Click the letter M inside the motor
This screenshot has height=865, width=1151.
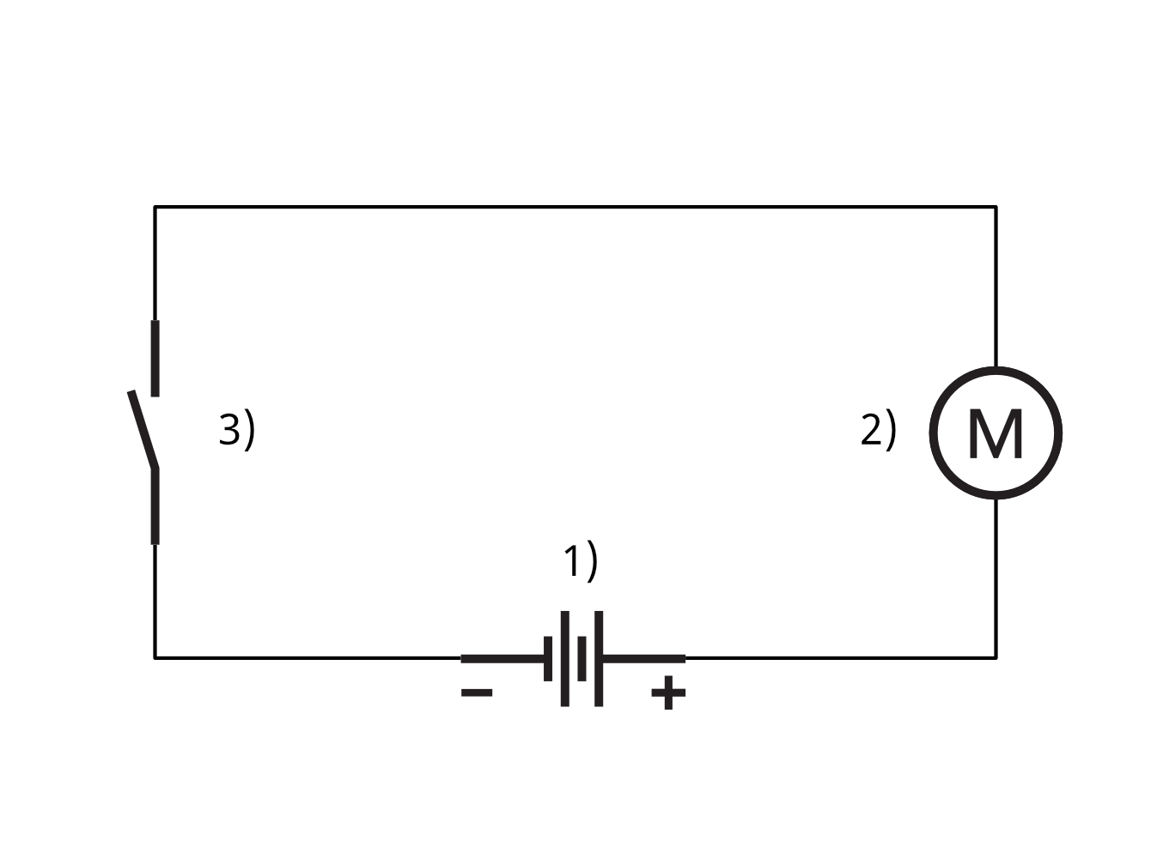pos(996,433)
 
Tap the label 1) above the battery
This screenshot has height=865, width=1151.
pos(580,561)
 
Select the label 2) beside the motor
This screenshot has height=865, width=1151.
pos(879,430)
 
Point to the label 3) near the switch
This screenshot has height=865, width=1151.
pos(237,430)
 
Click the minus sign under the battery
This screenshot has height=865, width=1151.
pos(477,693)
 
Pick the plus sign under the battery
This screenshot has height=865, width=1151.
pos(668,693)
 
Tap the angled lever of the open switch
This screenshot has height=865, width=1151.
pos(143,429)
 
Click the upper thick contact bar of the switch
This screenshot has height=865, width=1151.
pos(155,359)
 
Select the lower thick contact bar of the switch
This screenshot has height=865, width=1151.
pos(155,506)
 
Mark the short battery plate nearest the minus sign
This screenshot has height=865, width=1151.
pos(548,658)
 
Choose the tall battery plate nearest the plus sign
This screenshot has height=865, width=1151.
pos(599,658)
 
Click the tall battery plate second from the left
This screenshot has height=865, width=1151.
pos(564,658)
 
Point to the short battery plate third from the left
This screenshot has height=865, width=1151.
pos(582,658)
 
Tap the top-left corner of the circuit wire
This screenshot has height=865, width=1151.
pos(155,207)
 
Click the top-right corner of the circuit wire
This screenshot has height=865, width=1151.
pos(996,207)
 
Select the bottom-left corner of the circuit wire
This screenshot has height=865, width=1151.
pos(155,657)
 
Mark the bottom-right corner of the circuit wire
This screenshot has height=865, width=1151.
pos(996,657)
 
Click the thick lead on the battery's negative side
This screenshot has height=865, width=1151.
pos(502,658)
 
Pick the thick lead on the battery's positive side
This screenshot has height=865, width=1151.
pos(644,658)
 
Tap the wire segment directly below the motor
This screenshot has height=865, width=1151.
pos(996,578)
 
